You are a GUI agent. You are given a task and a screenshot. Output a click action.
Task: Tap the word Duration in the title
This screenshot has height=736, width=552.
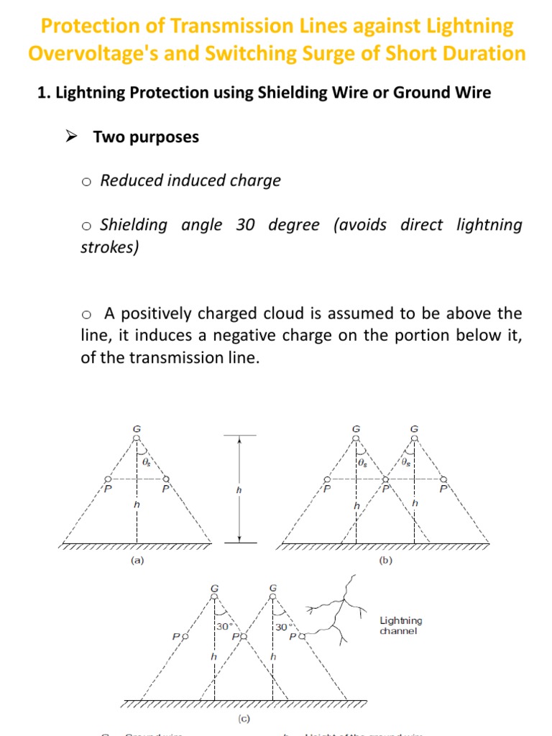coord(481,53)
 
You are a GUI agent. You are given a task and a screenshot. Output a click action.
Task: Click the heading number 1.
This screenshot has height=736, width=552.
coord(42,93)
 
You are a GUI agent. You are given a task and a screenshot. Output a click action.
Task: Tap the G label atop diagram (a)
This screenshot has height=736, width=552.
coord(137,429)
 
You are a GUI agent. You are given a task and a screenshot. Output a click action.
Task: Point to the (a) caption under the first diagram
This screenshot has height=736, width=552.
coord(137,561)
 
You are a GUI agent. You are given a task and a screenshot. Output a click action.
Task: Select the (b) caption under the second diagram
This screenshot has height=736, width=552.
coord(385,561)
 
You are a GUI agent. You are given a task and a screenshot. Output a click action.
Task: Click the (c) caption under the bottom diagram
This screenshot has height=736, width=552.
coord(244,718)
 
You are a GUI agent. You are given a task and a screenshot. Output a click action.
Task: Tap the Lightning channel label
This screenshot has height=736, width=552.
coord(401,625)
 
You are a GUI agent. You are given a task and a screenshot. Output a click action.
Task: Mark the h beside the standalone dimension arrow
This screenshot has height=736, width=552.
coord(239,489)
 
